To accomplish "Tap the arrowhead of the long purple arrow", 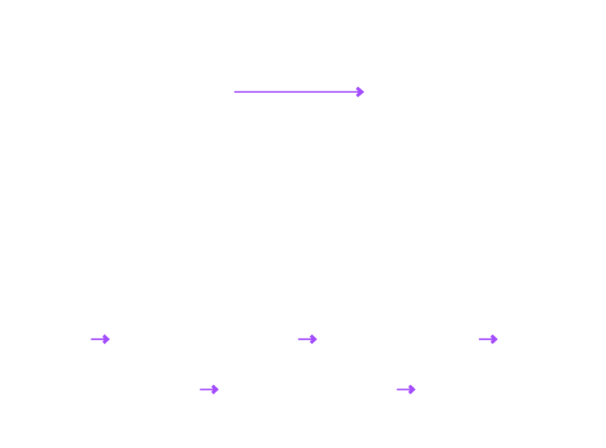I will (x=360, y=91).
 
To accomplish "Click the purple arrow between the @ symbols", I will (x=100, y=339).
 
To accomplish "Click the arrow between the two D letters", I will (x=307, y=339).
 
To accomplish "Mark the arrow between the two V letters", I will (x=488, y=339).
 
